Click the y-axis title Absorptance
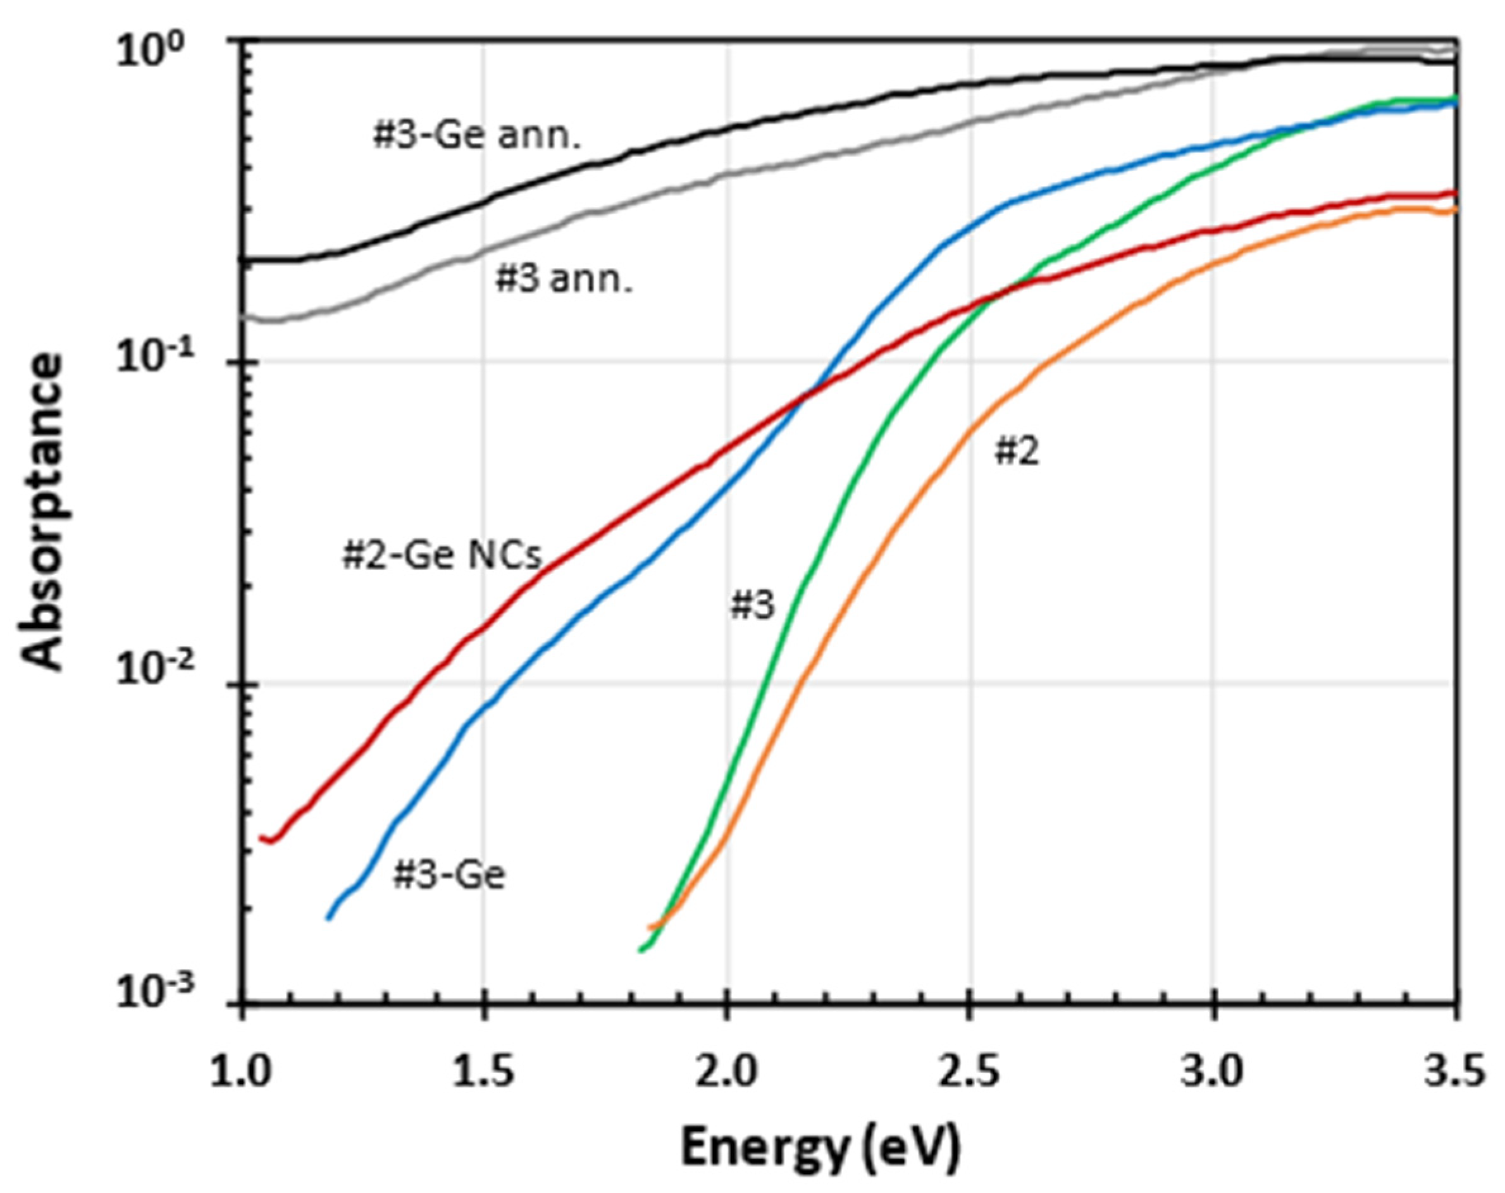point(42,513)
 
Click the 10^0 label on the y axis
point(150,53)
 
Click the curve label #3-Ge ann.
point(477,137)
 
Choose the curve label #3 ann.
point(564,280)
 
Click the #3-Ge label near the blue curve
point(449,875)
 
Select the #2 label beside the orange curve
point(1017,452)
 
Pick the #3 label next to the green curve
point(752,605)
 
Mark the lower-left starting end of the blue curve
point(328,918)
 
